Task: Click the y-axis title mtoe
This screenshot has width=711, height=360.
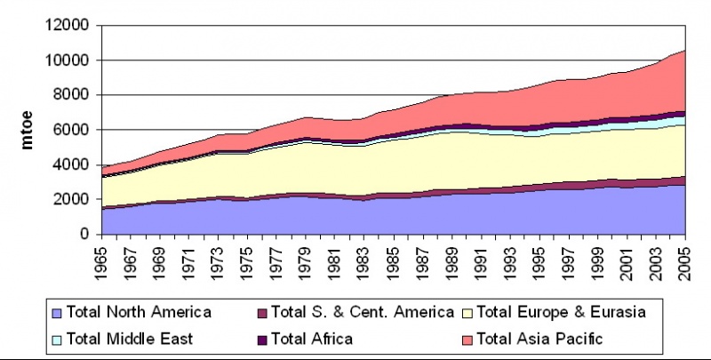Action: pos(28,129)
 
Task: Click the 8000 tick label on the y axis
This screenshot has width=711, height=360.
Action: pos(70,95)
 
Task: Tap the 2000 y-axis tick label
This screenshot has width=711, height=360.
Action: pos(70,199)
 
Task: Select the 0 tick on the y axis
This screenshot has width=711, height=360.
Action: pos(84,234)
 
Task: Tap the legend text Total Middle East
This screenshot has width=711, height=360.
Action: pos(133,338)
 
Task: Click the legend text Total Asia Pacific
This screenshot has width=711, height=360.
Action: pos(542,338)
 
